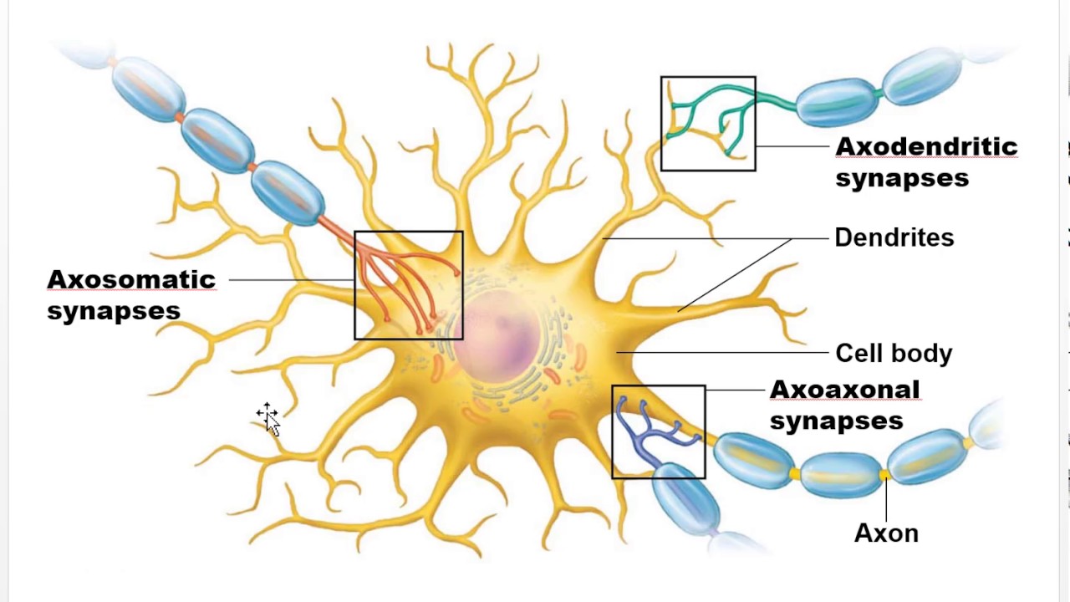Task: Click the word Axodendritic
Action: [x=926, y=147]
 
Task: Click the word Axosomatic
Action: [x=131, y=279]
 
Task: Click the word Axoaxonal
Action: [x=844, y=390]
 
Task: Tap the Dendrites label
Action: [x=894, y=238]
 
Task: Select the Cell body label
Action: [x=894, y=354]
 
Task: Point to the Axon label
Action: [x=886, y=533]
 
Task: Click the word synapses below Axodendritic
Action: [x=902, y=178]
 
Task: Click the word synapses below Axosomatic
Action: [x=114, y=311]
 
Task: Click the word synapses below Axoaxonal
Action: [x=836, y=421]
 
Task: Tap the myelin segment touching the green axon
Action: [x=836, y=101]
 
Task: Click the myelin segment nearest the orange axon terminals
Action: [x=288, y=191]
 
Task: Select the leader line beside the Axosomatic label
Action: [x=288, y=280]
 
